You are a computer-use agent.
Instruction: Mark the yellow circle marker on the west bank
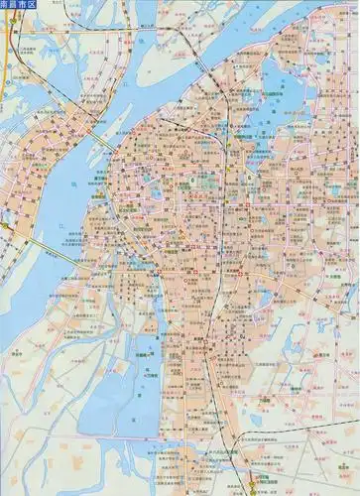click(5, 227)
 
